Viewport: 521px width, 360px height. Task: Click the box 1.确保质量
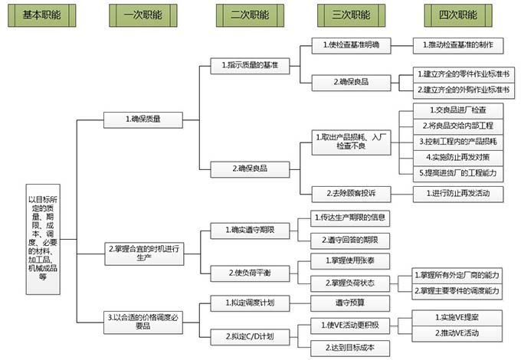tap(143, 119)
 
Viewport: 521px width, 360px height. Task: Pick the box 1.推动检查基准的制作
tap(458, 45)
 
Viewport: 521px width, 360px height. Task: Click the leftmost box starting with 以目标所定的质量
tap(38, 240)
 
